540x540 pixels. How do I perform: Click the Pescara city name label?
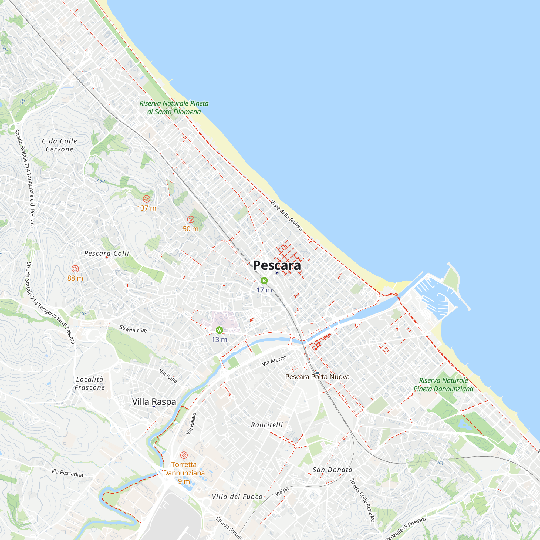277,265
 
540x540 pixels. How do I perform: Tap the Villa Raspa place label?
154,402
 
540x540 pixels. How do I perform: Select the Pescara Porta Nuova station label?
317,377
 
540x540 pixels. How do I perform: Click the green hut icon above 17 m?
264,280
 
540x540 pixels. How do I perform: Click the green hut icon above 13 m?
220,330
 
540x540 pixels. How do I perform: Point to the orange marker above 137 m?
146,199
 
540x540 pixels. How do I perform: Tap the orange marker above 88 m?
75,269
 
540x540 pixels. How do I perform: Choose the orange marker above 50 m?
191,220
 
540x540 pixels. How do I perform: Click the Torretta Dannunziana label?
184,469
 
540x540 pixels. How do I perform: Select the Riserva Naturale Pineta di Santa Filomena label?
174,108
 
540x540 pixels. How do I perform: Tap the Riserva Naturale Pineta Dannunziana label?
443,384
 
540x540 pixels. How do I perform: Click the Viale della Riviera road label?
286,215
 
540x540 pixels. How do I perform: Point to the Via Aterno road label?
274,361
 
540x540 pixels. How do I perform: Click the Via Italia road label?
168,376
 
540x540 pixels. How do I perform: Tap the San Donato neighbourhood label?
332,470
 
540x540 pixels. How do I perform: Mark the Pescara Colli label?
106,253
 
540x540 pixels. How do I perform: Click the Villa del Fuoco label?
237,497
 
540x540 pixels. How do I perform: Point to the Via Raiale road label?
191,423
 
